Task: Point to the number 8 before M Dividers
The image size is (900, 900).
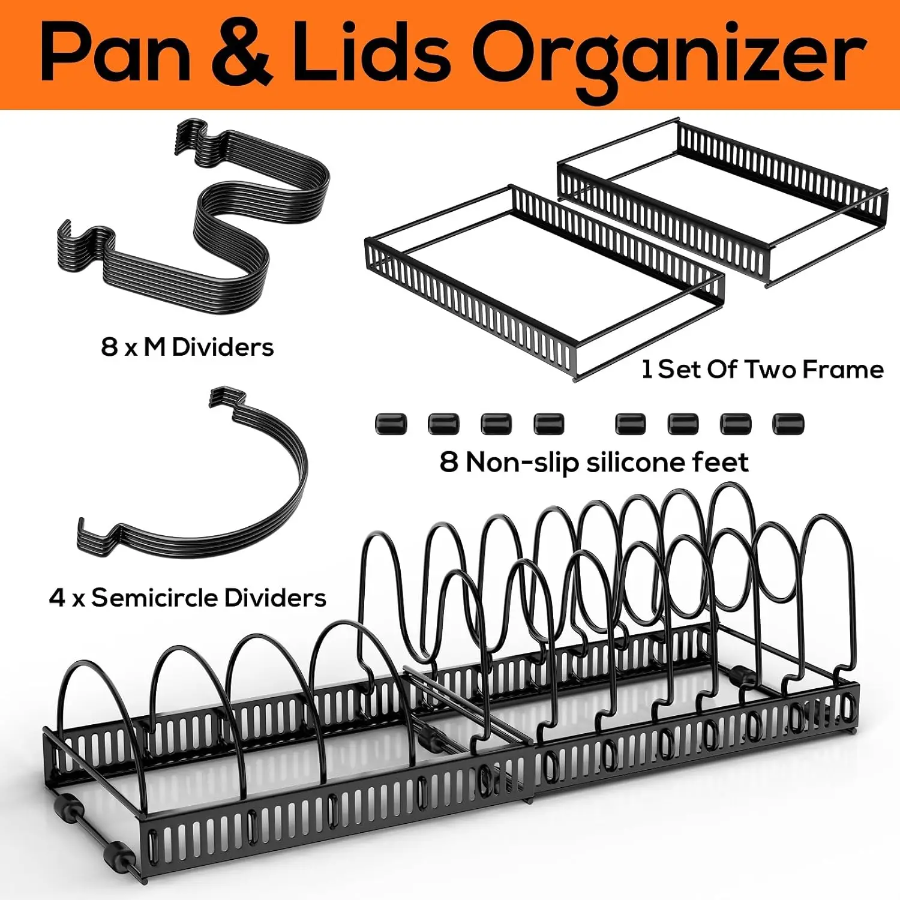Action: point(109,347)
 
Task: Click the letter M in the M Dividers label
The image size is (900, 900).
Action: point(155,347)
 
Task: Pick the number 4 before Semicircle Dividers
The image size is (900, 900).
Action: point(57,598)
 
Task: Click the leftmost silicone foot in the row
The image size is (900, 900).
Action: point(391,424)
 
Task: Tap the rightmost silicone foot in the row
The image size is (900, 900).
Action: point(788,424)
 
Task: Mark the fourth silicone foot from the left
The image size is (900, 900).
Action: point(549,424)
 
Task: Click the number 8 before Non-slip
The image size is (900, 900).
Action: point(449,463)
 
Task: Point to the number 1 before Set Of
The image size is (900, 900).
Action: point(647,369)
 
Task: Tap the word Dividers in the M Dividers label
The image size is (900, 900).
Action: point(223,347)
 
